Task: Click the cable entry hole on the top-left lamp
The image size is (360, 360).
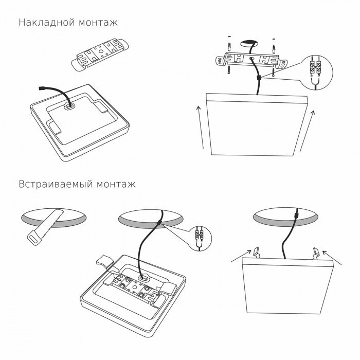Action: tap(68, 106)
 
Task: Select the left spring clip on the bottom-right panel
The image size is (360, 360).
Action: tap(256, 251)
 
